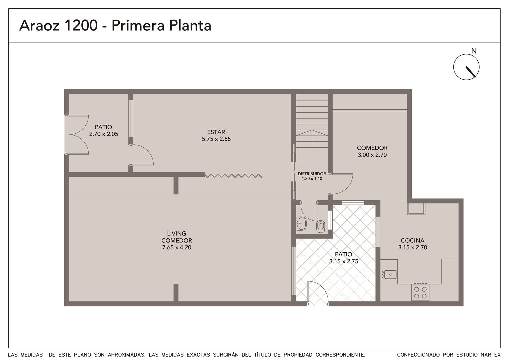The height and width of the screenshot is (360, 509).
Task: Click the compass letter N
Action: [x=474, y=51]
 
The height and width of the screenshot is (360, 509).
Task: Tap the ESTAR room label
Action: [x=216, y=132]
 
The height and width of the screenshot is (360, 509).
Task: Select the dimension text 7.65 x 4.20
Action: [x=177, y=247]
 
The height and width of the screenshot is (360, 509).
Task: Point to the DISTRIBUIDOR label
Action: [x=312, y=174]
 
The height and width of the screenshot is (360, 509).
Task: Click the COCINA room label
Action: [x=413, y=240]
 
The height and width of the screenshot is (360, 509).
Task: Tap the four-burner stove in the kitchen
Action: [x=420, y=292]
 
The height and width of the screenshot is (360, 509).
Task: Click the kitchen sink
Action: [x=389, y=274]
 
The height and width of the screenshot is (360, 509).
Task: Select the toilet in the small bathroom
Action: [x=320, y=226]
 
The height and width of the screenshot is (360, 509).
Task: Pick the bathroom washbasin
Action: [x=301, y=224]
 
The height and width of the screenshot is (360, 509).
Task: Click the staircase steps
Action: [x=312, y=120]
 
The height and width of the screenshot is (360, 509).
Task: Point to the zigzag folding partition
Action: [x=233, y=176]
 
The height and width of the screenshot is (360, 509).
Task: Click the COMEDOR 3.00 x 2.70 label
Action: [x=372, y=151]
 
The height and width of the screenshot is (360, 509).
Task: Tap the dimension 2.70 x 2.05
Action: [x=104, y=134]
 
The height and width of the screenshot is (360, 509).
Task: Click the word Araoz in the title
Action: [x=39, y=25]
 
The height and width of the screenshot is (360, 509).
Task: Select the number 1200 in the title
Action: [x=81, y=25]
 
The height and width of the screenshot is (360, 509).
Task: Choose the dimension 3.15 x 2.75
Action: [x=344, y=261]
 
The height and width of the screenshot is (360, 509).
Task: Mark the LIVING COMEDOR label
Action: [x=177, y=237]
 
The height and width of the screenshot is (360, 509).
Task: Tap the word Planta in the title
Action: [x=190, y=25]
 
